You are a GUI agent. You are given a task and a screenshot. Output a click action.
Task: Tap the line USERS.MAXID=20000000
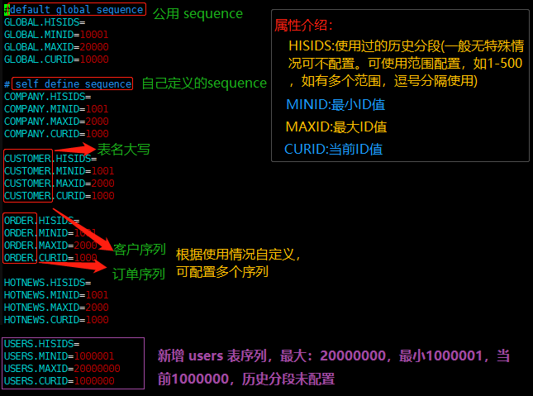pyautogui.click(x=62, y=369)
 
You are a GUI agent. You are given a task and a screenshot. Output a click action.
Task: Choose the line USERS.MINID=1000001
pyautogui.click(x=59, y=356)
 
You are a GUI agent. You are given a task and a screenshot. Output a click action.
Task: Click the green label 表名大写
pyautogui.click(x=124, y=150)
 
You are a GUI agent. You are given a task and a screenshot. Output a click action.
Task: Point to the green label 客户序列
pyautogui.click(x=139, y=249)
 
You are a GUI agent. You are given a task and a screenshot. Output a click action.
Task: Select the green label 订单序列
pyautogui.click(x=138, y=274)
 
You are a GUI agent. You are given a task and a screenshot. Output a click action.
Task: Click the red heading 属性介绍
pyautogui.click(x=304, y=26)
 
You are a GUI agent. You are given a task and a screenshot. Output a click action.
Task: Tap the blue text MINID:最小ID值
pyautogui.click(x=336, y=105)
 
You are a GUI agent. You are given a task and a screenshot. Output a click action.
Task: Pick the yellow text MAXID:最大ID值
pyautogui.click(x=336, y=127)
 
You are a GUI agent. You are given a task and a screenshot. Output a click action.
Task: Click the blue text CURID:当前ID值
pyautogui.click(x=333, y=150)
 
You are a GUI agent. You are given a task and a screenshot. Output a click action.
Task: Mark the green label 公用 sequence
pyautogui.click(x=198, y=13)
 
